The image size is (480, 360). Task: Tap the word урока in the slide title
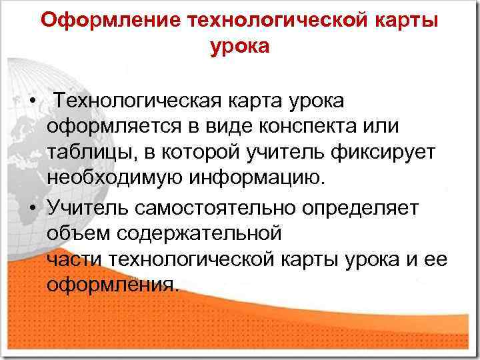tap(239, 47)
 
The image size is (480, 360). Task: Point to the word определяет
tap(361, 208)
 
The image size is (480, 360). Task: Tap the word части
tap(75, 259)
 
